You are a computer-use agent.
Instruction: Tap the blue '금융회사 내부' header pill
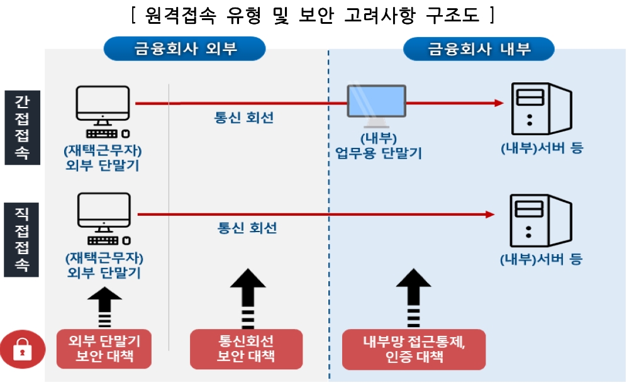(x=479, y=48)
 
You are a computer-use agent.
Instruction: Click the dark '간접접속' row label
(x=22, y=127)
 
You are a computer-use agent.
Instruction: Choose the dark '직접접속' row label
(x=22, y=239)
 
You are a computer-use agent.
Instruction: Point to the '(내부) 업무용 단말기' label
(x=378, y=145)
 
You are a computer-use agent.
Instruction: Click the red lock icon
(x=23, y=349)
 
